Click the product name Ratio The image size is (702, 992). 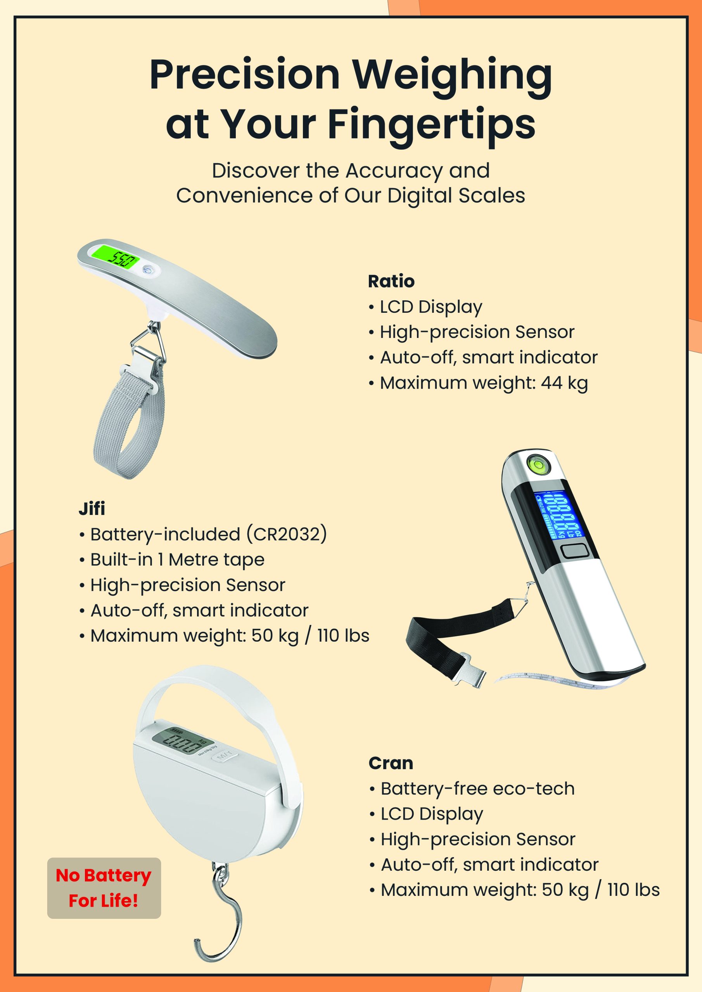point(391,281)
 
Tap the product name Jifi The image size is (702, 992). point(92,509)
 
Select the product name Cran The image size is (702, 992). point(391,763)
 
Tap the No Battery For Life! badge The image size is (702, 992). point(104,888)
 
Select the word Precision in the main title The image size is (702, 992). point(244,74)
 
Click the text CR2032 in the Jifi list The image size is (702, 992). point(286,534)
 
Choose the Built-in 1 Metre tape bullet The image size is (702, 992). point(172,560)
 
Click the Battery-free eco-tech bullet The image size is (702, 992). point(472,789)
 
